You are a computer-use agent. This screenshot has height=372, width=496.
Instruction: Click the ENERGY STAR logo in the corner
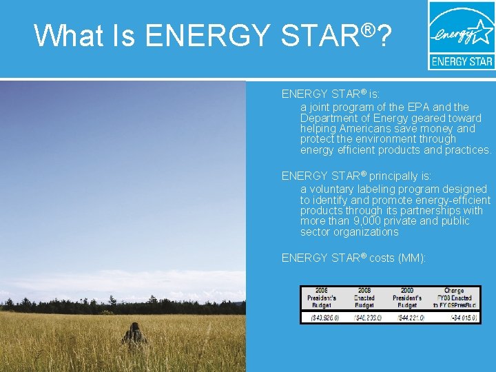coord(461,35)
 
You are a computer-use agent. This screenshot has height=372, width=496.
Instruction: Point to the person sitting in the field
coord(134,335)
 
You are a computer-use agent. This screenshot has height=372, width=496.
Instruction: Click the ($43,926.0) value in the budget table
coord(322,318)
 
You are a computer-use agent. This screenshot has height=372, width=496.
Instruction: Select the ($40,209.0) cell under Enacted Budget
coord(364,318)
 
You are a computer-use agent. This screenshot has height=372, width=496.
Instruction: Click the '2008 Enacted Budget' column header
coord(364,298)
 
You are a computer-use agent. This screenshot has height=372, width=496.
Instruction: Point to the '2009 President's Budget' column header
coord(408,298)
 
